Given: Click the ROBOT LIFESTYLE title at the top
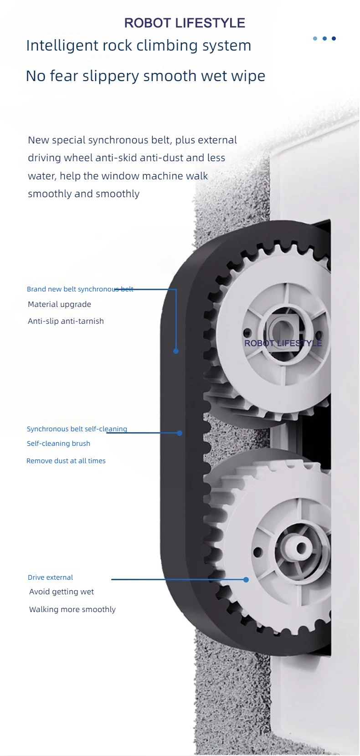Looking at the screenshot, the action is coord(185,23).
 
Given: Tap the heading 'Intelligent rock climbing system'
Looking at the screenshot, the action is coord(139,46).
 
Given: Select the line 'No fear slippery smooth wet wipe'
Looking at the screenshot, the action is coord(145,76).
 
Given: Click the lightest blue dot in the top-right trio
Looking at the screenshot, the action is coord(315,38).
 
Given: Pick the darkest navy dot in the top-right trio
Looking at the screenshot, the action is coord(334,38).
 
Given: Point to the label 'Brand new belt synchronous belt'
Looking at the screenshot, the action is coord(80,289).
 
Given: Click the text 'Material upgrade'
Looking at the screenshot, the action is coord(59,304).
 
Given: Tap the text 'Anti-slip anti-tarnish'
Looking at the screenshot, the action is coord(66,321).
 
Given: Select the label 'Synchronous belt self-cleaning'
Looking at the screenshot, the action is coord(77,429).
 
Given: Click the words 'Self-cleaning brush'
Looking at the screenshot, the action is coord(58,444).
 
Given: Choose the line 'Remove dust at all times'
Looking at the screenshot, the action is coord(66,461).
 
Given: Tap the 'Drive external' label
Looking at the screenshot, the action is coord(50,577).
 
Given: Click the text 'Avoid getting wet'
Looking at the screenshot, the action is coord(62,592).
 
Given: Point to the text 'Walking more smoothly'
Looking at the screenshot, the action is coord(72,609).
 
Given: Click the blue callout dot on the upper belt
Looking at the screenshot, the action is coord(176,351).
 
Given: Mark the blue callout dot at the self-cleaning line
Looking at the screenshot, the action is coord(180,433).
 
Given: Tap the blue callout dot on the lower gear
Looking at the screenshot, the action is coord(246,579).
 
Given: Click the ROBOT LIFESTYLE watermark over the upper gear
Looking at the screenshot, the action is coord(283,343).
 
